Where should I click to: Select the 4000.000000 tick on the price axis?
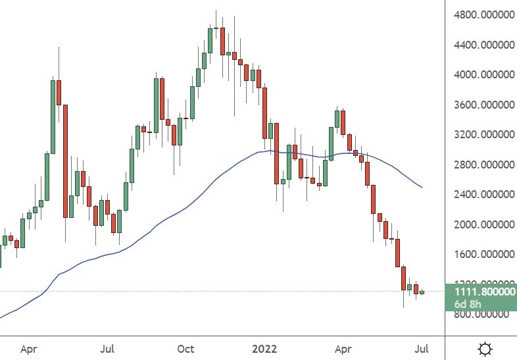click(480, 75)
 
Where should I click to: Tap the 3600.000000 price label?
click(480, 105)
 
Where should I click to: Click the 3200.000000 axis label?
click(480, 135)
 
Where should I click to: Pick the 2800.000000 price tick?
click(480, 165)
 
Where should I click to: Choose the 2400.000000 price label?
click(480, 195)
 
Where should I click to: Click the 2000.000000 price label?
click(480, 224)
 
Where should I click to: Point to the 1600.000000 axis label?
click(480, 254)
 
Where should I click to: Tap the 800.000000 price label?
click(480, 314)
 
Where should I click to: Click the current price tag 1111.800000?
click(480, 291)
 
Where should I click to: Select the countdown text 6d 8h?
click(467, 304)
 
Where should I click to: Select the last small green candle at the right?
click(422, 292)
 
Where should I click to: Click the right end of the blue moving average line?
click(422, 188)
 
